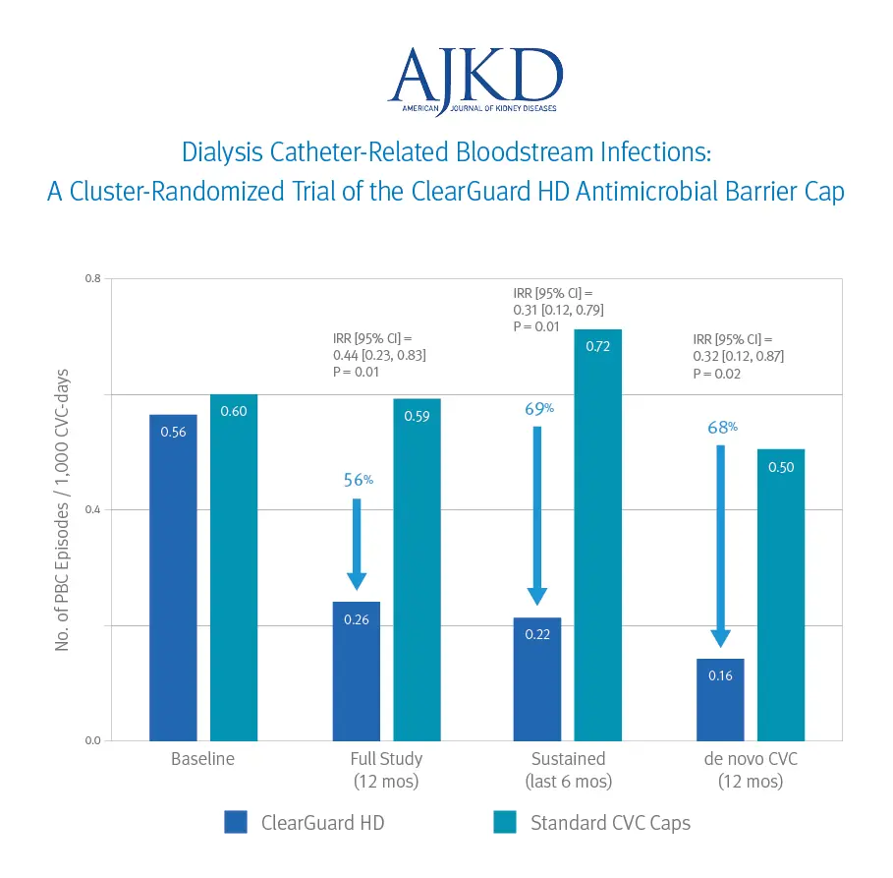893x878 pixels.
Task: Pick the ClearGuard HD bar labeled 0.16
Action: pos(720,699)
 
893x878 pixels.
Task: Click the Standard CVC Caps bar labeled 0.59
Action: pos(418,569)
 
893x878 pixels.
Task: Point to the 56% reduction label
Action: pos(358,480)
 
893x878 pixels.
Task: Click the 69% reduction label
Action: pos(539,408)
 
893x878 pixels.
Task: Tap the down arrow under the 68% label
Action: pos(720,546)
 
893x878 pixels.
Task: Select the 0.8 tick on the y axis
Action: pos(92,279)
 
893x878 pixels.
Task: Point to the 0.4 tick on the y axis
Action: pos(92,510)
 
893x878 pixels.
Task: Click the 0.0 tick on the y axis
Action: pos(92,740)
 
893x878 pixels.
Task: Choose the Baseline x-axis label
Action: pos(203,759)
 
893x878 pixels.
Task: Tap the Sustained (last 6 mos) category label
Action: pos(569,770)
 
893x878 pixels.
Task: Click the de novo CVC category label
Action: pos(751,770)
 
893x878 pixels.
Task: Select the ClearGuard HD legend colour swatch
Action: pos(236,822)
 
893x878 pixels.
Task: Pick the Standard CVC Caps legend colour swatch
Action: pos(504,822)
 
